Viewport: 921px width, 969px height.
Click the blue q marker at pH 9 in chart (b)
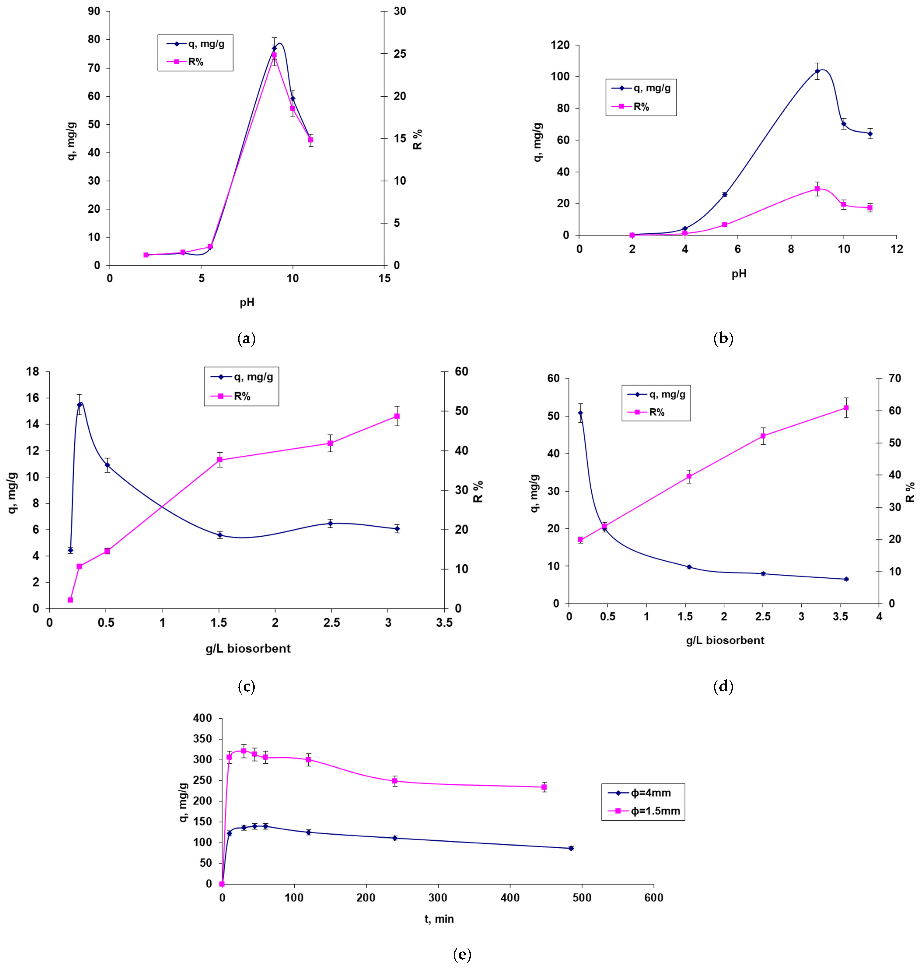click(817, 71)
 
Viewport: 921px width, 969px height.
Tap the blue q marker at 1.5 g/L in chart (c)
click(220, 535)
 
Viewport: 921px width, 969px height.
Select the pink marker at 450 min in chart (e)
click(544, 787)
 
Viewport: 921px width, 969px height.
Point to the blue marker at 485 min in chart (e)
click(571, 848)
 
